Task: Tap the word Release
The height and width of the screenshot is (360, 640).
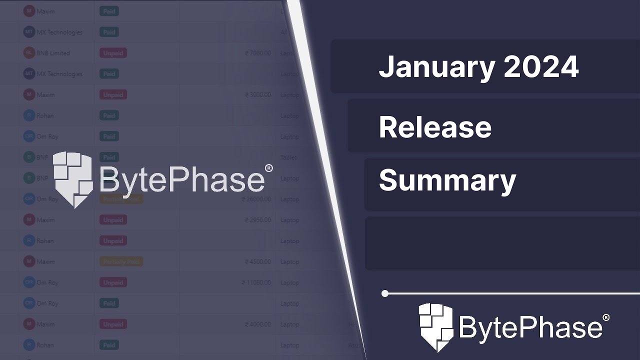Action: (435, 127)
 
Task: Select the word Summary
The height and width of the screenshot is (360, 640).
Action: (447, 180)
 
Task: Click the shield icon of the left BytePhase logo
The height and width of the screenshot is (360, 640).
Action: (72, 178)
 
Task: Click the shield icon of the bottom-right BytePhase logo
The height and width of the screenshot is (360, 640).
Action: (435, 327)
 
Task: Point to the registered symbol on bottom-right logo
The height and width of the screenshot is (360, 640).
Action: (606, 317)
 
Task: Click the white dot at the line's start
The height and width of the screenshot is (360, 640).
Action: (385, 293)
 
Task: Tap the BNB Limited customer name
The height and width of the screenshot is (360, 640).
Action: (53, 53)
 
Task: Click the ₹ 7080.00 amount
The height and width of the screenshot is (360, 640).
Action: (257, 53)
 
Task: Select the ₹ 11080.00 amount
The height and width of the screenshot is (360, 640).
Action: (256, 282)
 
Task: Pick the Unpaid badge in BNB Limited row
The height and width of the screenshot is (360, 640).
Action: (113, 53)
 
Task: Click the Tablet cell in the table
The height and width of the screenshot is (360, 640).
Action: (288, 157)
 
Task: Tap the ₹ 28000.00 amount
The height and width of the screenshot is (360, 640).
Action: (256, 199)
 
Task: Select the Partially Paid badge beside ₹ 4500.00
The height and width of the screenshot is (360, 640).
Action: (121, 261)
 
